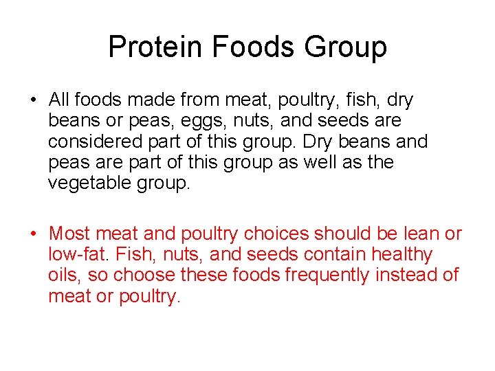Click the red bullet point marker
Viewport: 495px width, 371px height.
(x=33, y=234)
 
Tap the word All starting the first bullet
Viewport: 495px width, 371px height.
(x=60, y=100)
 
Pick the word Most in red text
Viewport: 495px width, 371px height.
(x=69, y=234)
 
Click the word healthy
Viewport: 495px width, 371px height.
(x=401, y=254)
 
